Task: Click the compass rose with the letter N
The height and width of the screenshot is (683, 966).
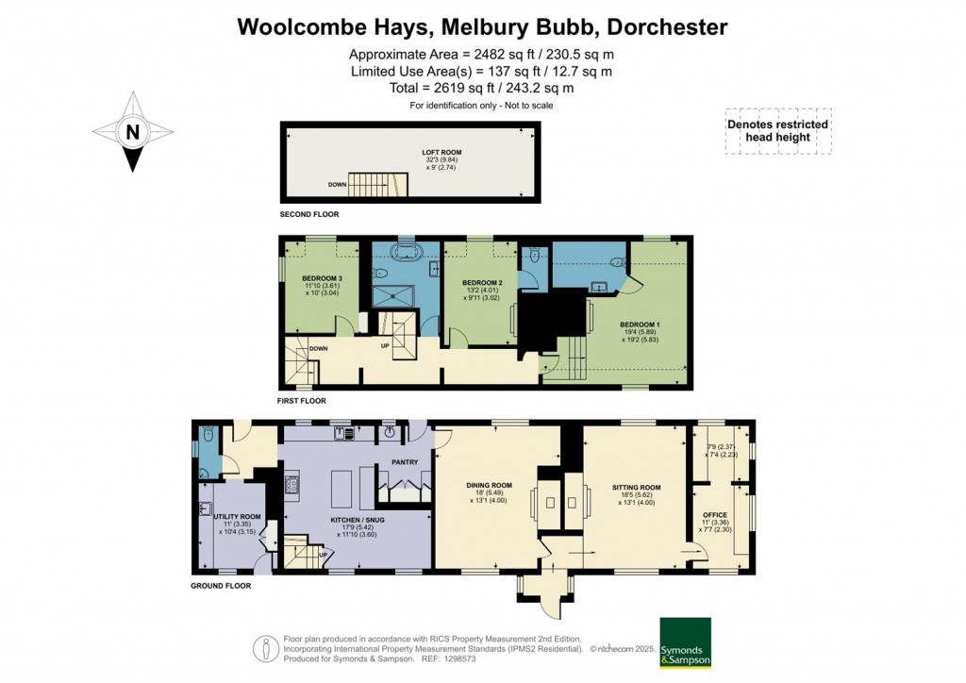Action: point(133,131)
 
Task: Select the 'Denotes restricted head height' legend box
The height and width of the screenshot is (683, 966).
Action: point(777,130)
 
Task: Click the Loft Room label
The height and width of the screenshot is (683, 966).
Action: point(441,152)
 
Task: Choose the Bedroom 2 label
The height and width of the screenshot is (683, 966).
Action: point(481,283)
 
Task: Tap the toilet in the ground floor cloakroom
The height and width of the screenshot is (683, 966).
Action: point(207,435)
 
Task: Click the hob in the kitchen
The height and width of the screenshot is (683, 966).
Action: point(291,487)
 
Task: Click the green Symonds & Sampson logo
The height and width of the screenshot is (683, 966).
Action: point(684,642)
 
